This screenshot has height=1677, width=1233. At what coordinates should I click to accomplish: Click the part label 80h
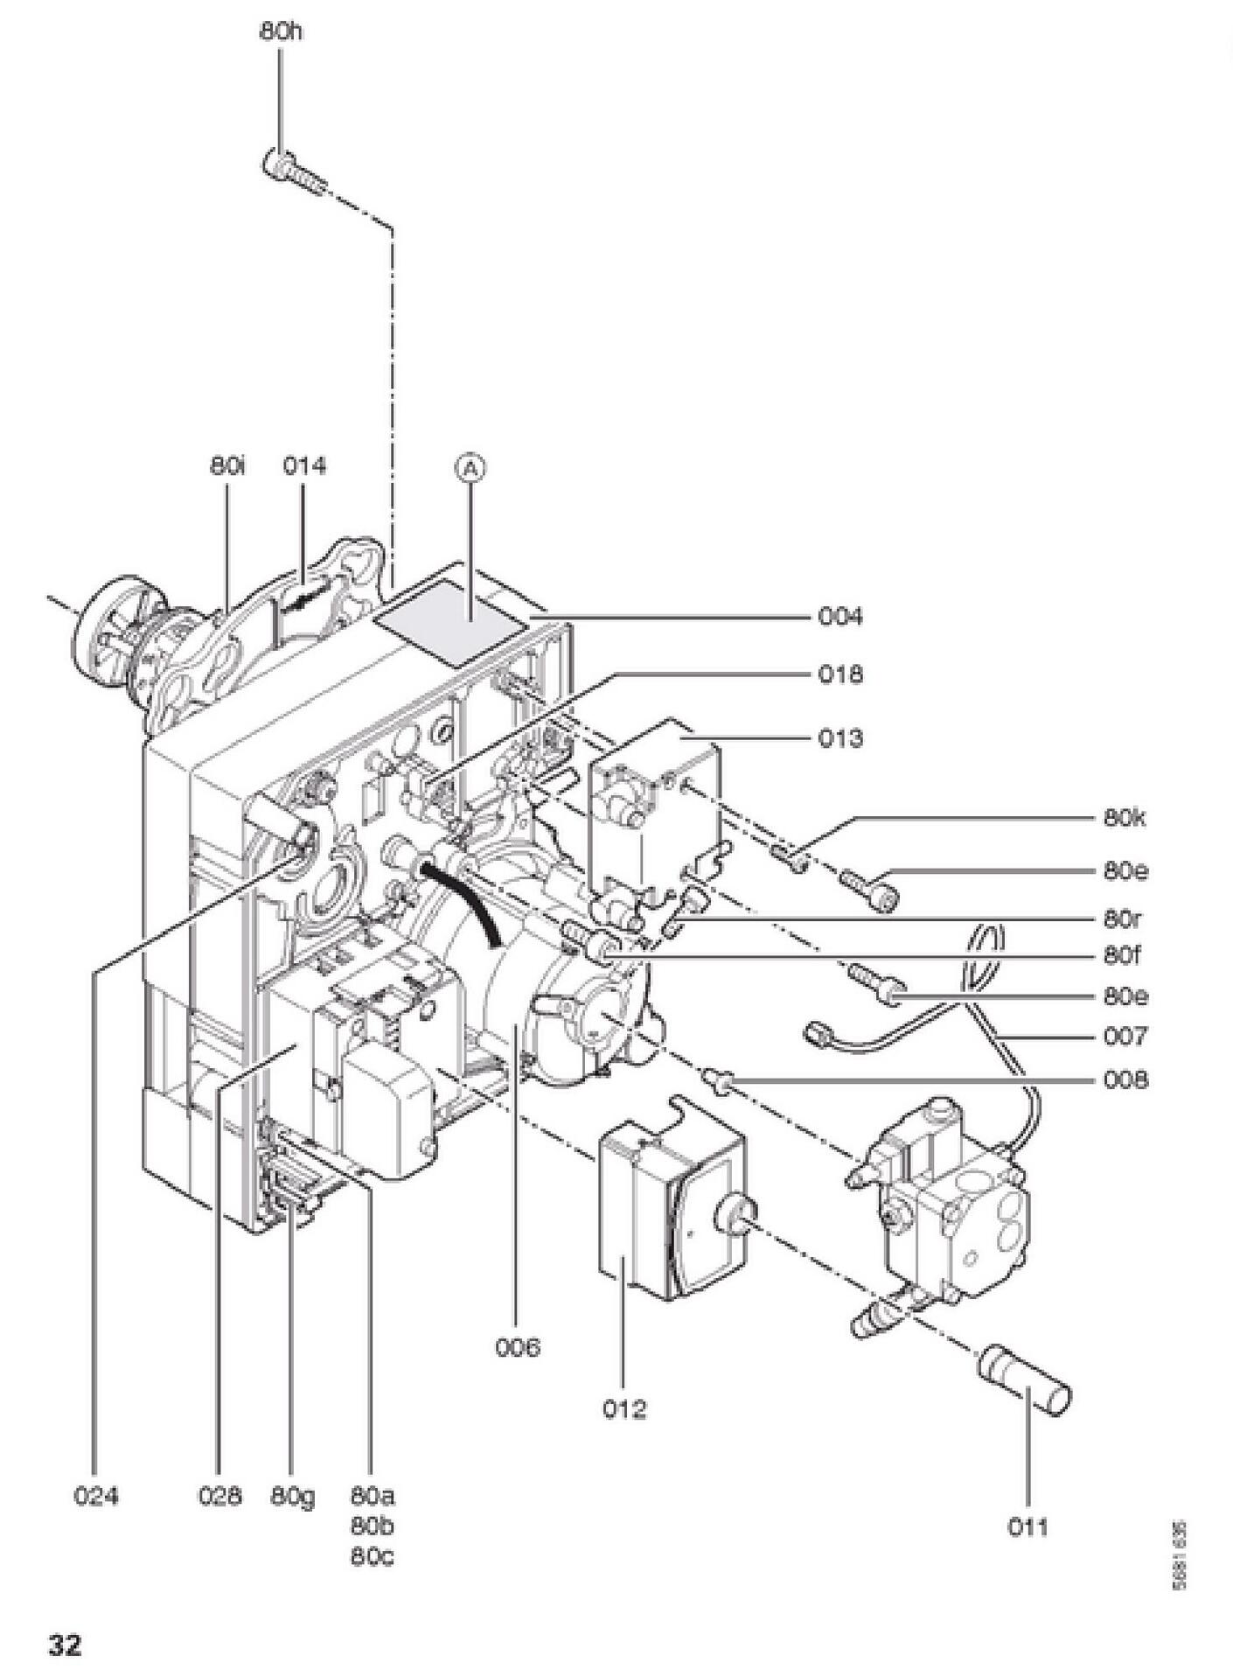pos(282,31)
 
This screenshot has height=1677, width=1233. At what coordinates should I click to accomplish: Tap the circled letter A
pos(470,469)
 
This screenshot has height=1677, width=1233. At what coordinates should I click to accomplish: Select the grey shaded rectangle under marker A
pos(451,622)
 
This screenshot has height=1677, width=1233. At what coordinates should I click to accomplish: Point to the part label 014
pos(303,466)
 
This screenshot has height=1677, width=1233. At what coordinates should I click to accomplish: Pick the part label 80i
pos(228,466)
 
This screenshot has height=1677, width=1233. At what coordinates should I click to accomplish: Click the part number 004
pos(840,617)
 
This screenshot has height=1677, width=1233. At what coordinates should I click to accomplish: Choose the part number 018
pos(840,674)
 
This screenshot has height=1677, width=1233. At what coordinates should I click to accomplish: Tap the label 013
pos(840,738)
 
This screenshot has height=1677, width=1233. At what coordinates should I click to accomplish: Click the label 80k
pos(1125,819)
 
